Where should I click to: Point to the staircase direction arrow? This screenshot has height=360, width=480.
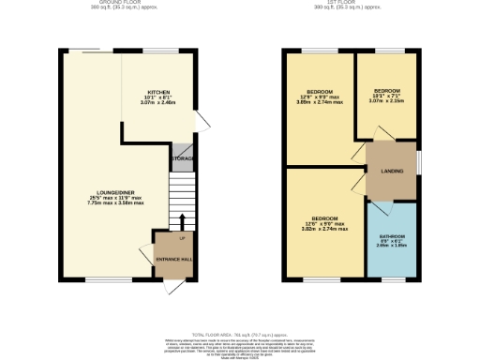click(x=182, y=221)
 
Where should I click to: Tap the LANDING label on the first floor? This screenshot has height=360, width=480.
click(x=391, y=170)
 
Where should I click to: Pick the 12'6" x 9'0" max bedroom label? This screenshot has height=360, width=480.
click(x=322, y=223)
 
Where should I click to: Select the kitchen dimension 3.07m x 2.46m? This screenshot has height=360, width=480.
click(x=157, y=104)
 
